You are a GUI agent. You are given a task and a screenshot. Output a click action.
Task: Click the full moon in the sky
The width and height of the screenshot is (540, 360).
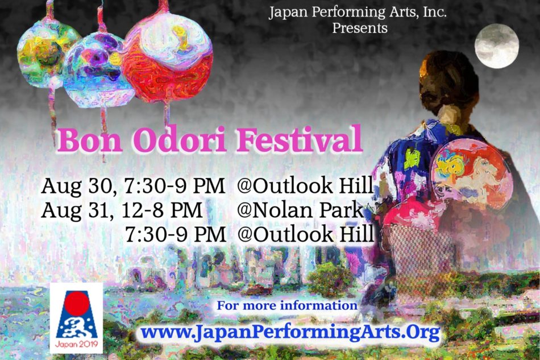click(497, 46)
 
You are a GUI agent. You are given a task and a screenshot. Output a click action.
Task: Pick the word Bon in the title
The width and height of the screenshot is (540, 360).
click(90, 140)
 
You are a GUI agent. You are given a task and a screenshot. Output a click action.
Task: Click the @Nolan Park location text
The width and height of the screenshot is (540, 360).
click(300, 210)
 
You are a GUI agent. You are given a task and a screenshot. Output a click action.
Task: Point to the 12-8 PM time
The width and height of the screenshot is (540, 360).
click(162, 210)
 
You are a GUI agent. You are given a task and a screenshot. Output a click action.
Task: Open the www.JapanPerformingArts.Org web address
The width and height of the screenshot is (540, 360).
click(290, 332)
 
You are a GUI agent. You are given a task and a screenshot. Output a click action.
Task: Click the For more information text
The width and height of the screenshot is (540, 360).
click(287, 305)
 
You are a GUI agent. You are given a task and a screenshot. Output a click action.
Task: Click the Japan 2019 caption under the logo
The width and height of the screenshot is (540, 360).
click(77, 344)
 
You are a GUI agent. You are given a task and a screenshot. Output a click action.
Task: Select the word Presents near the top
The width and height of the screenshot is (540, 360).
click(360, 27)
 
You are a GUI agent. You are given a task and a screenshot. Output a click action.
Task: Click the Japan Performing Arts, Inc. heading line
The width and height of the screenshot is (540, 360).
click(358, 13)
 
